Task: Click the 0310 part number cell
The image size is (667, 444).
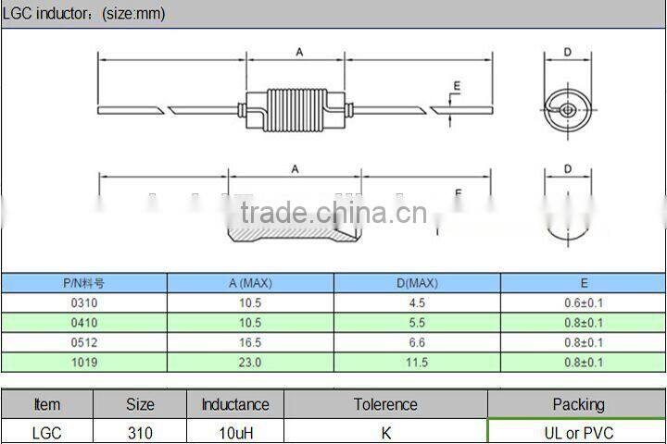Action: tap(83, 302)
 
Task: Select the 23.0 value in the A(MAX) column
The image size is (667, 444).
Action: tap(250, 363)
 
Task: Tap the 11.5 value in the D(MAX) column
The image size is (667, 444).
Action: tap(417, 363)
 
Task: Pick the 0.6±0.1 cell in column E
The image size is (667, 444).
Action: tap(583, 302)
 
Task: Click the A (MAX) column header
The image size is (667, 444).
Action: tap(250, 283)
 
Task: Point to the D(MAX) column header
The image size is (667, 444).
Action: tap(417, 283)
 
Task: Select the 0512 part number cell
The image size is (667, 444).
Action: tap(83, 342)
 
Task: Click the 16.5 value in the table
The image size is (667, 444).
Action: tap(250, 342)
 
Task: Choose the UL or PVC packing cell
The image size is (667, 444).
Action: tap(577, 433)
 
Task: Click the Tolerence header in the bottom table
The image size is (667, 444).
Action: tap(385, 404)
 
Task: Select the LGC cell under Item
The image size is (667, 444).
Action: tap(46, 433)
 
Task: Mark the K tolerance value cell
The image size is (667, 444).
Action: tap(385, 433)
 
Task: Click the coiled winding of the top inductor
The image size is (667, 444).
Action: tap(298, 107)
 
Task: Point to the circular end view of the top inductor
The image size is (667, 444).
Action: tap(566, 109)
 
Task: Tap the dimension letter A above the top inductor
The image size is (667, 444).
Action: tap(299, 53)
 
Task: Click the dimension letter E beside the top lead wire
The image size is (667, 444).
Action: tap(456, 87)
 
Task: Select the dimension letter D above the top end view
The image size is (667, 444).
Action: tap(567, 53)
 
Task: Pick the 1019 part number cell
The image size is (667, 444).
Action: tap(83, 363)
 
